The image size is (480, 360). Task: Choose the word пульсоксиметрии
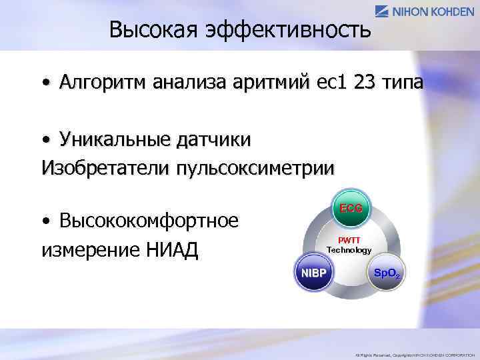click(x=255, y=167)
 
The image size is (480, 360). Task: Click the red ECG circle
click(x=351, y=208)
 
